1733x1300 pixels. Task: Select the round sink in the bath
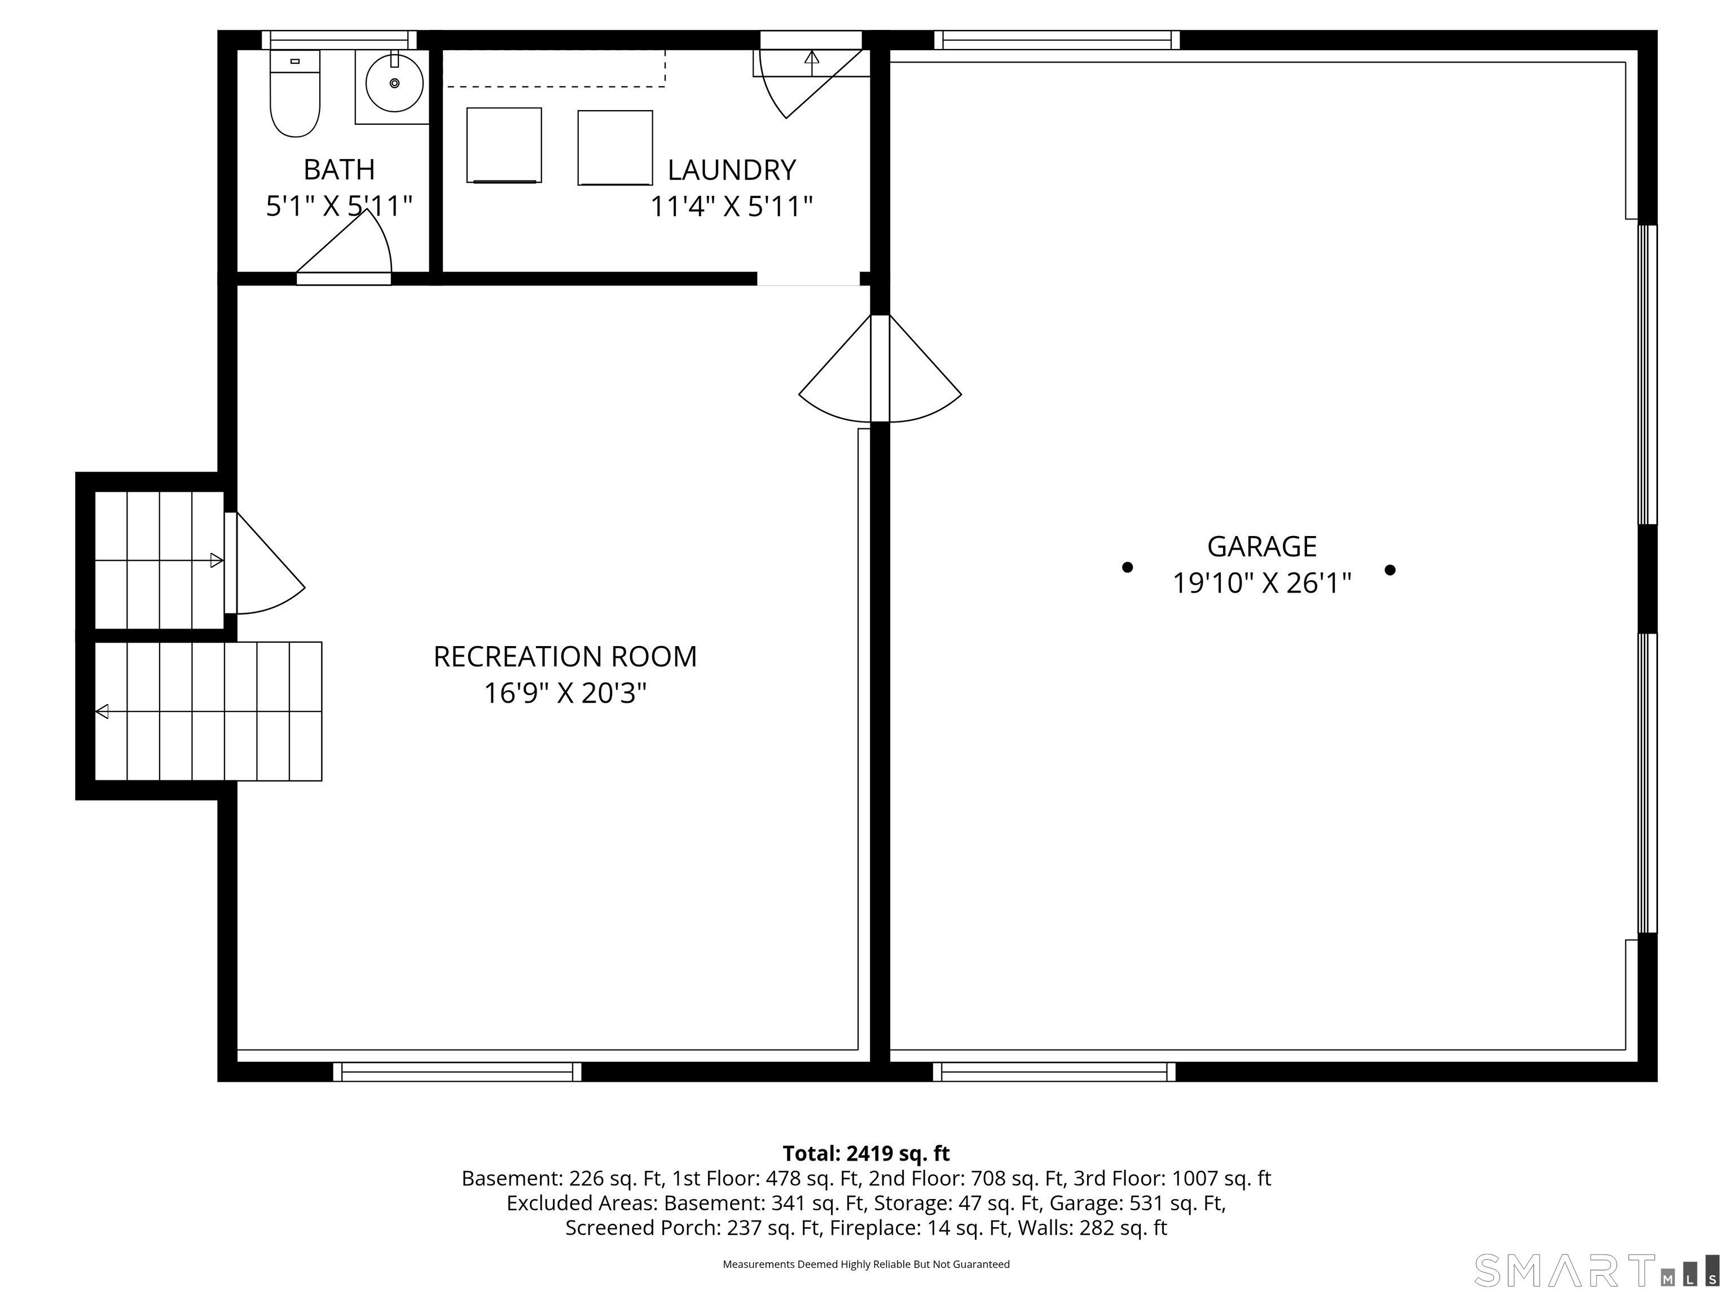(395, 83)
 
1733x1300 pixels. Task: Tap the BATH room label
(339, 169)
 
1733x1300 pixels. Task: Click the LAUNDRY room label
(732, 170)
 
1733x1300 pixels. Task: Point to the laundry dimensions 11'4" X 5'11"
(732, 207)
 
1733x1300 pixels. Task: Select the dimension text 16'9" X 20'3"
(565, 693)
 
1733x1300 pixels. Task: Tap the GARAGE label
(1261, 546)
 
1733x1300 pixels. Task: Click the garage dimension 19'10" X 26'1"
(1261, 583)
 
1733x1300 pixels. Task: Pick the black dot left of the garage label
(1127, 567)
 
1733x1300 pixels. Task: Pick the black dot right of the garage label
(1390, 570)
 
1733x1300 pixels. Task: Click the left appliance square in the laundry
(504, 146)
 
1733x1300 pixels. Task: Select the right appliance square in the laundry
(615, 148)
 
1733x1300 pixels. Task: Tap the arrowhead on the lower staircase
(102, 712)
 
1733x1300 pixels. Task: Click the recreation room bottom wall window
(458, 1072)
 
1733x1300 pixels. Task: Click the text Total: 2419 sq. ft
(866, 1153)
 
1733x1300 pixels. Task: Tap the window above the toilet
(339, 40)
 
